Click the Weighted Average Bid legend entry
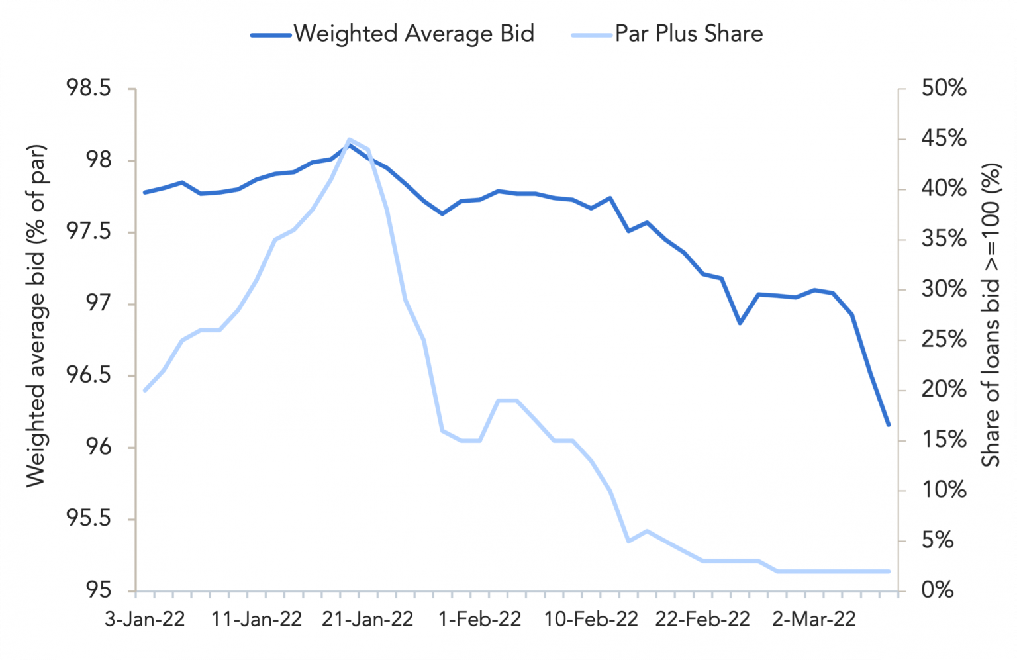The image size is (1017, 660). click(393, 34)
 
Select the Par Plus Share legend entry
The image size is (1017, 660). click(667, 34)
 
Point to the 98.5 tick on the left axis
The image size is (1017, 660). click(89, 89)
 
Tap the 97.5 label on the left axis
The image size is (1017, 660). click(89, 232)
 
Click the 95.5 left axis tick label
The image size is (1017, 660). click(89, 519)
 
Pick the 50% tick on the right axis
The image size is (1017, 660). click(944, 89)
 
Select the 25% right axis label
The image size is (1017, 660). click(944, 340)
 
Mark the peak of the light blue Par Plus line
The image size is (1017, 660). click(349, 140)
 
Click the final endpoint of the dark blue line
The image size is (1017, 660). click(889, 425)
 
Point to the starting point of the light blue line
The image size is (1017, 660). click(145, 390)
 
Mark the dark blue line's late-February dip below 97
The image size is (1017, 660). click(740, 323)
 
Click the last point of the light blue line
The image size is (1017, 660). click(889, 571)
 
